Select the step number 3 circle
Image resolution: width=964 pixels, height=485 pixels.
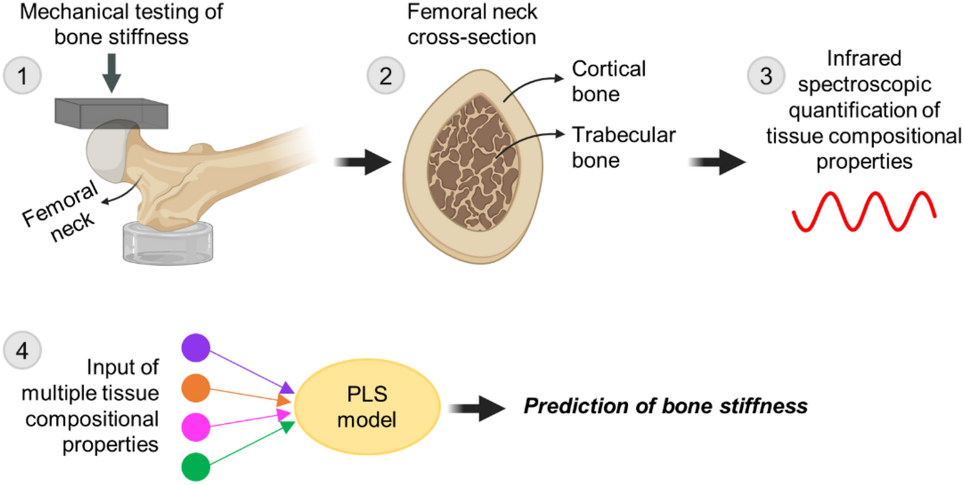[764, 77]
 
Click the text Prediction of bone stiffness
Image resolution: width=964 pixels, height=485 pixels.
[664, 407]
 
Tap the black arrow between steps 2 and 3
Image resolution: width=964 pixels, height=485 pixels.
[718, 164]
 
